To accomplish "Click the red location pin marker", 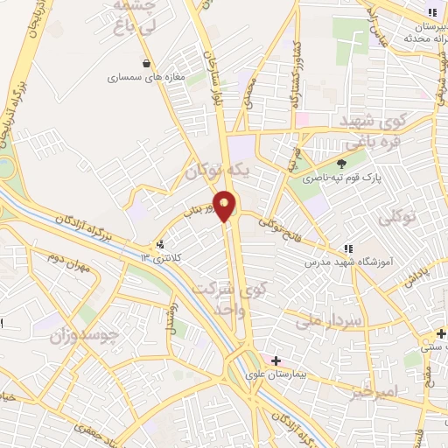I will click(x=225, y=206).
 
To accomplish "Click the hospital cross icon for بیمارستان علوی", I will click(x=276, y=360).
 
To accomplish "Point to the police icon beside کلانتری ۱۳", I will click(x=159, y=246).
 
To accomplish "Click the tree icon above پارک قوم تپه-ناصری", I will click(x=341, y=163).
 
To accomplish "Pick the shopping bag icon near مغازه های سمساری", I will click(x=145, y=63).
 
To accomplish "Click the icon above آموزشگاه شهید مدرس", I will click(x=348, y=248).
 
